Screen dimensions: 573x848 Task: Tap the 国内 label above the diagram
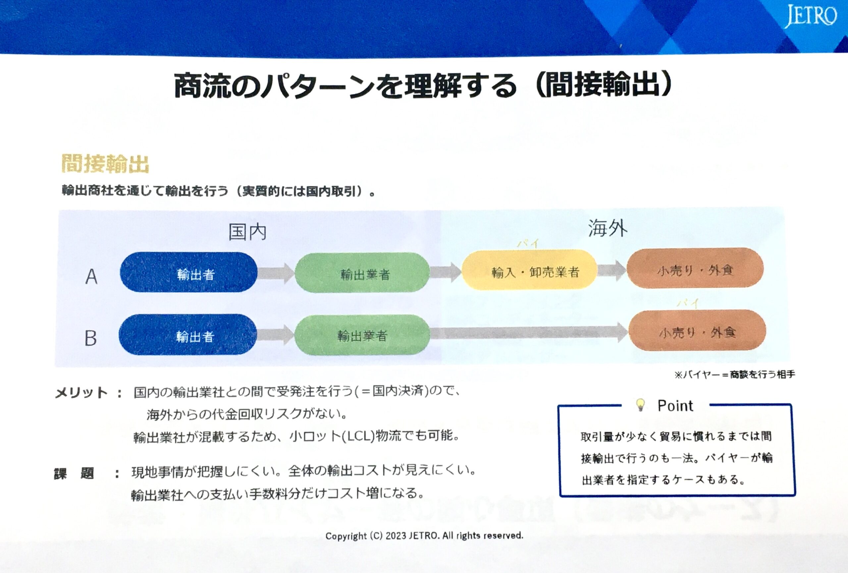(x=247, y=232)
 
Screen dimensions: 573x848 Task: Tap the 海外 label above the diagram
(x=607, y=229)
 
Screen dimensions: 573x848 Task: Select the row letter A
(x=91, y=276)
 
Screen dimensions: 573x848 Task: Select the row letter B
(x=90, y=338)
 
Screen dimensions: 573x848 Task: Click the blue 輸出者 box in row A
(x=189, y=272)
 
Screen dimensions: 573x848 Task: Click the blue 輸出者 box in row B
(x=188, y=335)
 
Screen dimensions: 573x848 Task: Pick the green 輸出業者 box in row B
(x=362, y=335)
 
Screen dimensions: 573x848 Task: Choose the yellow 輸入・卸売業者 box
(x=529, y=270)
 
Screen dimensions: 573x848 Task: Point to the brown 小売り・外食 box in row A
(x=695, y=269)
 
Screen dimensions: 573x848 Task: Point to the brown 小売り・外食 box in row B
(x=697, y=331)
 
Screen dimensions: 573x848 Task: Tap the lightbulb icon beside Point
(x=640, y=405)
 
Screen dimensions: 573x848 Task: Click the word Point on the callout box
(x=675, y=406)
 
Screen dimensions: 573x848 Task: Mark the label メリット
(x=81, y=393)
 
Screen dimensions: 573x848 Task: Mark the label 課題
(x=74, y=473)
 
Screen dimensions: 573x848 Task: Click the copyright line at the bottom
(x=424, y=536)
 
